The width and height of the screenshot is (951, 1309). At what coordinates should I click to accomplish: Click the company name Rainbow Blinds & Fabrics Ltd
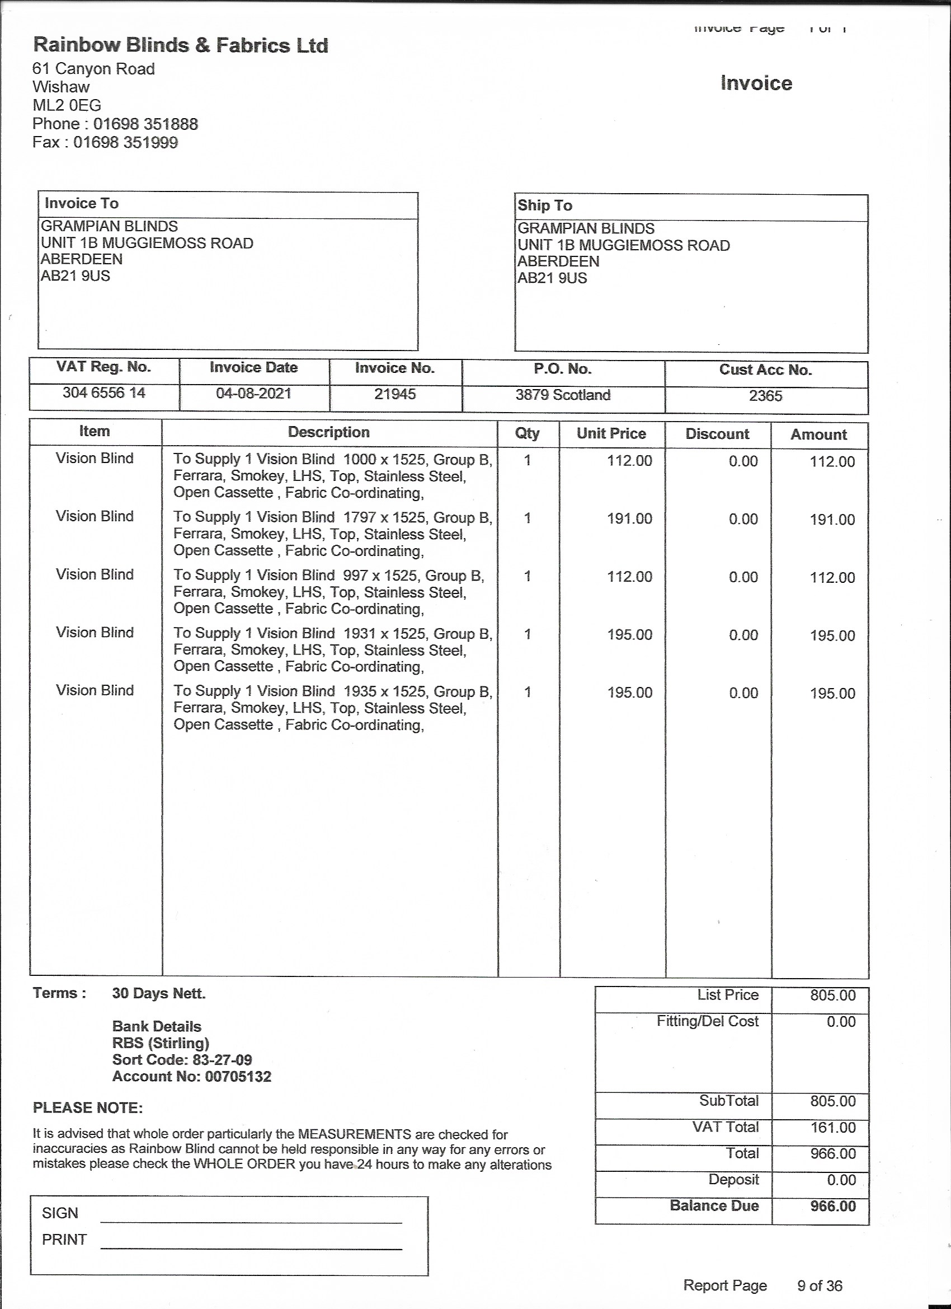tap(181, 45)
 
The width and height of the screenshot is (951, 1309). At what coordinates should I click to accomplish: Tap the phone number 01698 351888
tap(145, 124)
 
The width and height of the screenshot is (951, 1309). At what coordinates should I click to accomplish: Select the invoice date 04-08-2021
tap(254, 394)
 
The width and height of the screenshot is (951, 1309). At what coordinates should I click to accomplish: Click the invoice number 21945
tap(395, 394)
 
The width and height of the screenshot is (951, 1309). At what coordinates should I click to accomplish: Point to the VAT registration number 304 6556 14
tap(104, 393)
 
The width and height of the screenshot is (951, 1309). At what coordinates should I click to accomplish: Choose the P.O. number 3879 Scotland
tap(563, 395)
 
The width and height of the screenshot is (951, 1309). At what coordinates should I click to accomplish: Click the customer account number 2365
tap(765, 396)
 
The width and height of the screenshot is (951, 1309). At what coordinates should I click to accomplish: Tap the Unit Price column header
tap(611, 433)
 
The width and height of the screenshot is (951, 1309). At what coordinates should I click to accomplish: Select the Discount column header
tap(717, 434)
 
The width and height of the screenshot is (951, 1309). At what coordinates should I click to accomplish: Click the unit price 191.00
tap(629, 518)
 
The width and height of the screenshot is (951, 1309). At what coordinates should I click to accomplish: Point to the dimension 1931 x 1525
tap(384, 634)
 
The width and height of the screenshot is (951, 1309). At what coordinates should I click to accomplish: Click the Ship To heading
tap(544, 205)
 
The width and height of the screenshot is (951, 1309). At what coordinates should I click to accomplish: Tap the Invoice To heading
tap(81, 203)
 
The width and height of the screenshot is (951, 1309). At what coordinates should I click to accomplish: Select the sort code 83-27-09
tap(221, 1060)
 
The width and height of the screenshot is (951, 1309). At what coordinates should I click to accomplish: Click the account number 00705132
tap(238, 1077)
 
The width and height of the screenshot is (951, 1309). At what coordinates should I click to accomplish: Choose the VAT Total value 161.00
tap(833, 1127)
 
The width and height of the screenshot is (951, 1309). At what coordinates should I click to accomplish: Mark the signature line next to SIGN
tap(251, 1221)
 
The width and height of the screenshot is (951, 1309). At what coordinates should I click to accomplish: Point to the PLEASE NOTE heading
tap(88, 1107)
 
